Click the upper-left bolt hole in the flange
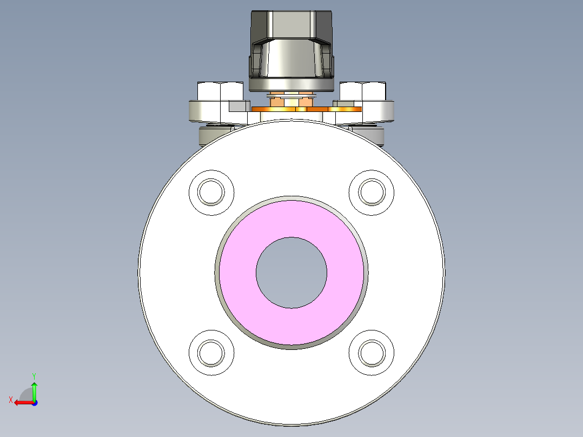pos(211,192)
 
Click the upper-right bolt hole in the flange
pos(372,191)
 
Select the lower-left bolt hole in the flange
pos(211,352)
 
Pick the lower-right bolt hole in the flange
pos(372,352)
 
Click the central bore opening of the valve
pos(291,273)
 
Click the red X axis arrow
pos(22,402)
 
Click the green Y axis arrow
pos(34,389)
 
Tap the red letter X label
pos(10,400)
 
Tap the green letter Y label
pos(34,375)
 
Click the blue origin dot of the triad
pos(34,402)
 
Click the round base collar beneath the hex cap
pos(291,84)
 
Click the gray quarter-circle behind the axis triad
pos(27,394)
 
